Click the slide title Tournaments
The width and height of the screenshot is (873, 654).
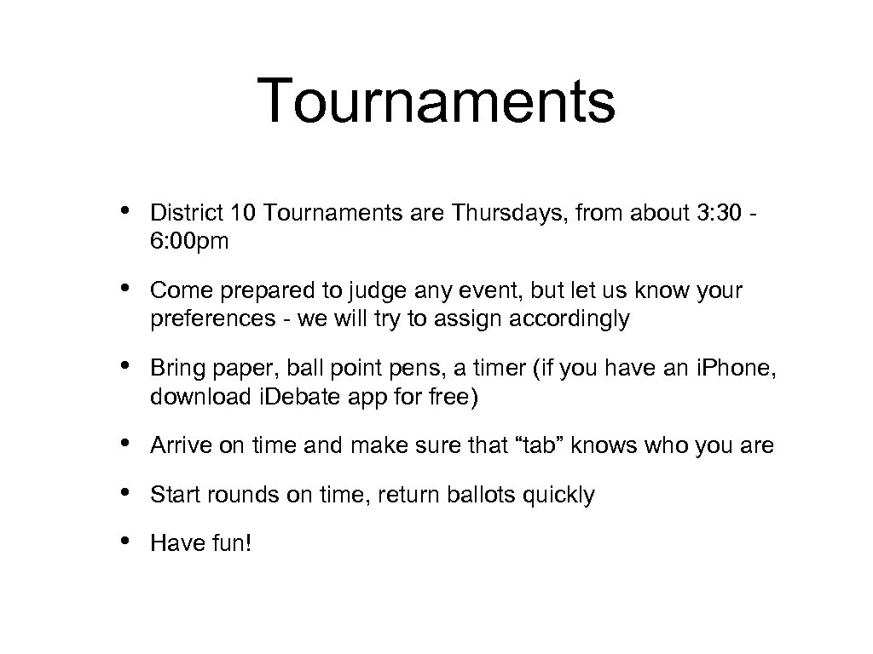tap(436, 101)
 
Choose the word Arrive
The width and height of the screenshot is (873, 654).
tap(175, 445)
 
